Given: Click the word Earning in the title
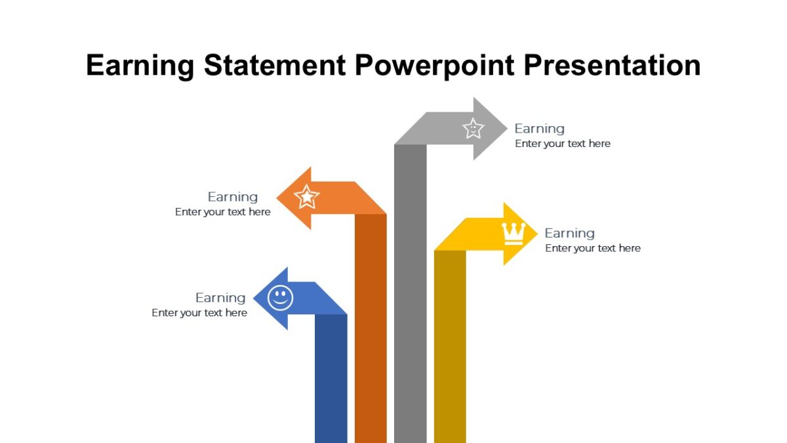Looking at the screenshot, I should tap(140, 66).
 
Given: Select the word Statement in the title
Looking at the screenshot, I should tap(274, 66).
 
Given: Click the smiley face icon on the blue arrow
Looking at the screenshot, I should tap(281, 298).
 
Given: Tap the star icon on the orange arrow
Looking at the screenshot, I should tap(307, 196).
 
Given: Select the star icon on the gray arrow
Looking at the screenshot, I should tap(473, 128).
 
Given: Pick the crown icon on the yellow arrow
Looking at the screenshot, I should tap(513, 234).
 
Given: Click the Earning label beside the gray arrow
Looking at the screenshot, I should tap(539, 129).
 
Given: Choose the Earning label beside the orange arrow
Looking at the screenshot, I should tap(233, 197).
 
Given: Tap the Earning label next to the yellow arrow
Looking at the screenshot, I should tap(569, 233).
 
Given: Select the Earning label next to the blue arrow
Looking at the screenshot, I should tap(220, 298).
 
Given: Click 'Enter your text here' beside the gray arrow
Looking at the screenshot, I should tap(563, 144).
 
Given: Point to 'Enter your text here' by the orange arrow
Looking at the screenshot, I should tap(223, 212).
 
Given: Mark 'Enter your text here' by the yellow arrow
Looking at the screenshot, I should tap(593, 248).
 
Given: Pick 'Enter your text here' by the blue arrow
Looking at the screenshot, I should tap(199, 313).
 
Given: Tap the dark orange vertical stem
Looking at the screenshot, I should tap(371, 328).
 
